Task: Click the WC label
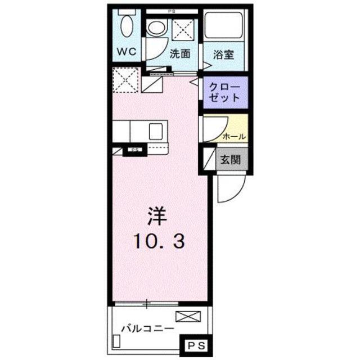(127, 52)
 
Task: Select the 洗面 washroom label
(179, 54)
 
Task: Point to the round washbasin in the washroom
(156, 29)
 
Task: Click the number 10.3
(158, 241)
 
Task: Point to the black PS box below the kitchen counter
(134, 150)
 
